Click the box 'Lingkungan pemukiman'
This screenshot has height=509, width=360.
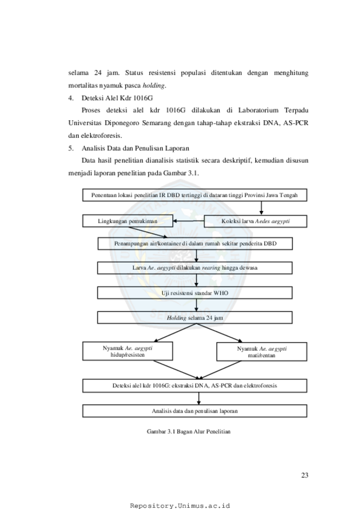127,221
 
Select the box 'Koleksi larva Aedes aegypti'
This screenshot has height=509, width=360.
255,222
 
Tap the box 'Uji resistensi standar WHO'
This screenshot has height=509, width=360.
195,293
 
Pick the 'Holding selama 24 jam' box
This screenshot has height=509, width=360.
195,318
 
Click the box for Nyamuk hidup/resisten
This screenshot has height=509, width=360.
127,351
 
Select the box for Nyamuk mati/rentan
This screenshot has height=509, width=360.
261,352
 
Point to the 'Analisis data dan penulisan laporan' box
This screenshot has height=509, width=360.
195,411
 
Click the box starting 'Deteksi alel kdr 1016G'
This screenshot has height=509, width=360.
195,385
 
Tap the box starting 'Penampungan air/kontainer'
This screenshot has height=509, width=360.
195,244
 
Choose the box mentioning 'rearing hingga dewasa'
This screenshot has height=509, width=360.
195,268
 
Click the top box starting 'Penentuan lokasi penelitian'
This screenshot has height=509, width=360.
195,195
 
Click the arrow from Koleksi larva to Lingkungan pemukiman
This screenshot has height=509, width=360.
189,221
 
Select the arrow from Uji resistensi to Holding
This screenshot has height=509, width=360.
197,305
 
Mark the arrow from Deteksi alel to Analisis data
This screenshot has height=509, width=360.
199,398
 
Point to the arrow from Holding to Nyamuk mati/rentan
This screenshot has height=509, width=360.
219,333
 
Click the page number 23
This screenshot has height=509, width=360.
305,475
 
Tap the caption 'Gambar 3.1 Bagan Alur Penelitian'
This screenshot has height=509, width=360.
189,431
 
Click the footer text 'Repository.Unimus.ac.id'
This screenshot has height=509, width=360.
180,506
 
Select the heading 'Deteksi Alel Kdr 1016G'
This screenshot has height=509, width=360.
117,98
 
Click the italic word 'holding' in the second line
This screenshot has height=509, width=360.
153,86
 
